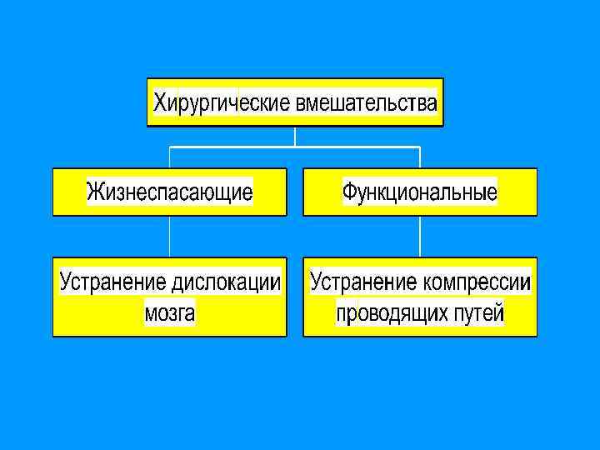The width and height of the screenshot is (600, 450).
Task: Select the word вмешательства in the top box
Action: point(365,103)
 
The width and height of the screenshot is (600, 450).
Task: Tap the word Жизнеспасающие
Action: point(170,193)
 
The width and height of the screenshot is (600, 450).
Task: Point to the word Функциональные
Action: point(420,193)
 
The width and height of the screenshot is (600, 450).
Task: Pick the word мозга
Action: point(170,313)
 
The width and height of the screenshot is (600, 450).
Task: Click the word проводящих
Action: point(392,313)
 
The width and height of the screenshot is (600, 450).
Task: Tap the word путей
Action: point(479,313)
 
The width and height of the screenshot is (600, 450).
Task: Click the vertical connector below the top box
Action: point(295,136)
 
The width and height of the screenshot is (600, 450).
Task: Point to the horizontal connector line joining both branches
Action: point(233,147)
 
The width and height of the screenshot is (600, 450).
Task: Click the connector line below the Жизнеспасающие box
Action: point(170,237)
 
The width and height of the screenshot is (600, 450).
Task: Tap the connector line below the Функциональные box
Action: point(420,237)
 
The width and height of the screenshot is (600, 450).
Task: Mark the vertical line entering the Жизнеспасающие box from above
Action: point(170,157)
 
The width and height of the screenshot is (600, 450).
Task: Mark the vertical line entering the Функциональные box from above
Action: point(420,157)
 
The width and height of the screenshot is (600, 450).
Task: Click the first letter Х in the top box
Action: point(160,103)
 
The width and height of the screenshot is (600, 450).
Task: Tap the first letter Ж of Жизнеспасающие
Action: point(95,193)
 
